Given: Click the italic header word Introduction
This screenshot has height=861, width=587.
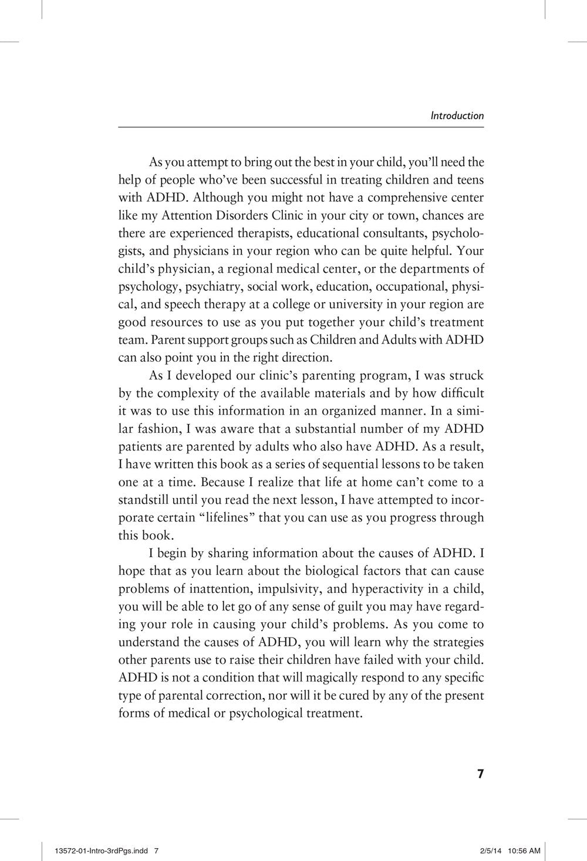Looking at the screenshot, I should pos(457,116).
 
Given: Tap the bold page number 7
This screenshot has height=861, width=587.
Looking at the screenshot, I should pos(480,774).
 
